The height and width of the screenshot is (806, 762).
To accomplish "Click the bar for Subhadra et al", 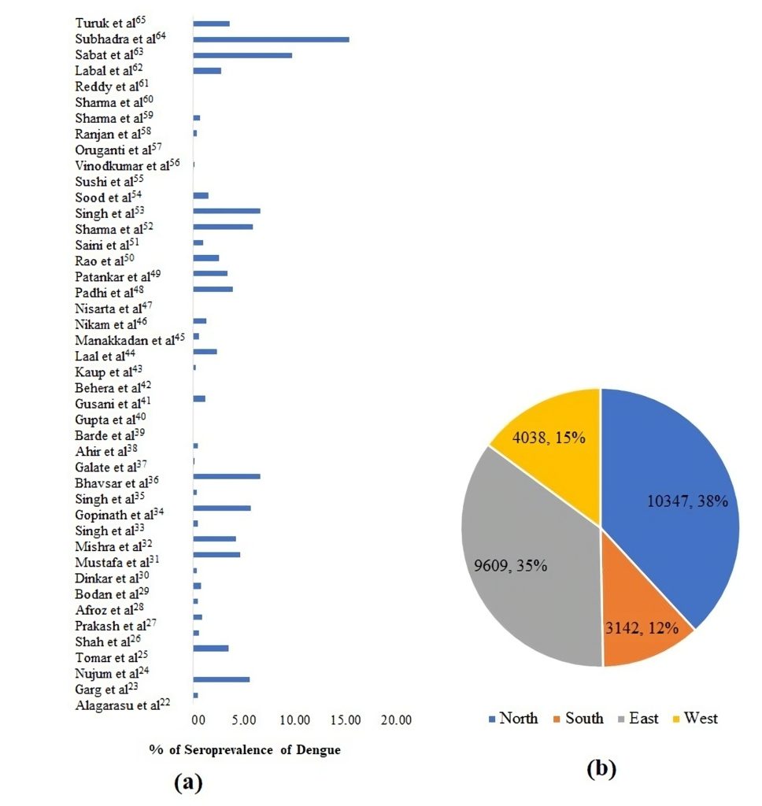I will tap(271, 39).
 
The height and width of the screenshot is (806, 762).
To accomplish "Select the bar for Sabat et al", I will tap(242, 55).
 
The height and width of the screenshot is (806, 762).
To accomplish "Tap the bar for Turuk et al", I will tap(211, 24).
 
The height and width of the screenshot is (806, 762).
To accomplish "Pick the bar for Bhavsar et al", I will tap(227, 476).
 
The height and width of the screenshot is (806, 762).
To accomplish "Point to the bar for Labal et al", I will tap(207, 71).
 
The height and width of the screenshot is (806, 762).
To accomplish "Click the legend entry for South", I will tap(579, 718).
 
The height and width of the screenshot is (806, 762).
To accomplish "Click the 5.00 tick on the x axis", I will tap(246, 719).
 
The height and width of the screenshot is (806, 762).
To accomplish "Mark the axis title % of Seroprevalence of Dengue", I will tap(245, 750).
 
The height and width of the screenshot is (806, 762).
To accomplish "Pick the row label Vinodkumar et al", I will tap(128, 165).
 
